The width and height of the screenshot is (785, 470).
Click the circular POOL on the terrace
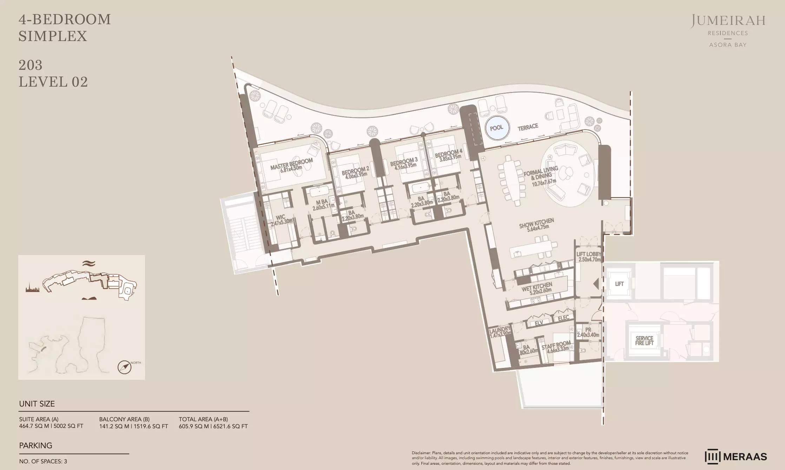pyautogui.click(x=496, y=128)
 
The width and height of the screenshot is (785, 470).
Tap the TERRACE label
pyautogui.click(x=528, y=127)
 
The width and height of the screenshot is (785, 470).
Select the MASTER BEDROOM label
pyautogui.click(x=291, y=164)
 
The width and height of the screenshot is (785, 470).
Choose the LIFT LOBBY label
pyautogui.click(x=589, y=256)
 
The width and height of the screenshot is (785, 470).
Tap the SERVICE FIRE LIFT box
pyautogui.click(x=644, y=340)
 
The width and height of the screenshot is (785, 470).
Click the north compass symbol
pyautogui.click(x=125, y=367)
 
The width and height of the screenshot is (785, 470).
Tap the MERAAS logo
pyautogui.click(x=736, y=456)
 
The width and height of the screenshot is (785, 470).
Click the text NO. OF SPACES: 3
pyautogui.click(x=43, y=462)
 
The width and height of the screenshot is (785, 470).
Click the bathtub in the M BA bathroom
pyautogui.click(x=319, y=192)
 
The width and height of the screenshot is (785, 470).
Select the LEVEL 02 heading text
pyautogui.click(x=53, y=82)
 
